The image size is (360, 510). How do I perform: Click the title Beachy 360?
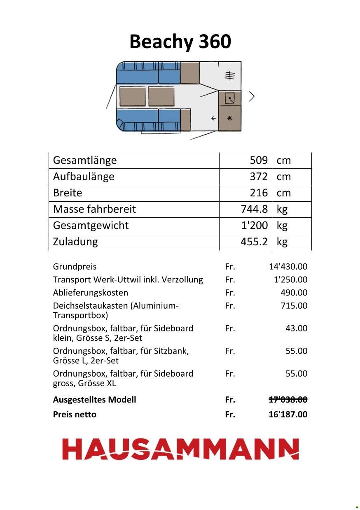point(180,42)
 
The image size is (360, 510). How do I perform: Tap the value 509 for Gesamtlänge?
point(259,160)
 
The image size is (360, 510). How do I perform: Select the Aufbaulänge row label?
point(84,177)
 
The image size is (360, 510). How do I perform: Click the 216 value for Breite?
point(259,193)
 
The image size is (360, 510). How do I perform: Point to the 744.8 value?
point(254,209)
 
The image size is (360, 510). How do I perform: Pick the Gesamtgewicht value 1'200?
point(254,226)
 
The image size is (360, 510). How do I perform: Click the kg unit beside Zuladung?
point(282,242)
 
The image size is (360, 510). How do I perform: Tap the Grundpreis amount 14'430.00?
point(288,267)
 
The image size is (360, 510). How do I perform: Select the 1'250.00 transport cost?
point(290,280)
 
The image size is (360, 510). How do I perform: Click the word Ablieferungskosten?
point(90,293)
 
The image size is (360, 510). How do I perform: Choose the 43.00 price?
point(296,328)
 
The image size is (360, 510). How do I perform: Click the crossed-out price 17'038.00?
point(288,400)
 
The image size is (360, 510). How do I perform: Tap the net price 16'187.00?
point(288,415)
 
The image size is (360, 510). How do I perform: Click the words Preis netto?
point(75,415)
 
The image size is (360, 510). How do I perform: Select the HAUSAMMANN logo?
point(180,449)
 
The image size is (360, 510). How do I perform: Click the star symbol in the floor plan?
point(229,118)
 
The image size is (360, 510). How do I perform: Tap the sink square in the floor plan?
point(229,98)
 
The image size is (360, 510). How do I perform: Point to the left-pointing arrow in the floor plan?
point(213,119)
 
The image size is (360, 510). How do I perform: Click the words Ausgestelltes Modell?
point(94,400)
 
